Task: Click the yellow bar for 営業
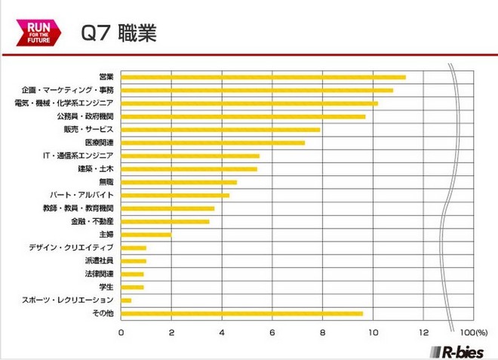pyautogui.click(x=263, y=77)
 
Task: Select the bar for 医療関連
pyautogui.click(x=213, y=143)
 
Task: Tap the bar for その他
pyautogui.click(x=241, y=313)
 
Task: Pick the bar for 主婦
pyautogui.click(x=146, y=235)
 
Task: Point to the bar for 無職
pyautogui.click(x=179, y=182)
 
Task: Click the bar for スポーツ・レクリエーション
pyautogui.click(x=126, y=300)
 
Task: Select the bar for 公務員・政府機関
pyautogui.click(x=243, y=116)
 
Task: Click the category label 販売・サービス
pyautogui.click(x=90, y=130)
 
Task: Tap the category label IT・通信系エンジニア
pyautogui.click(x=78, y=155)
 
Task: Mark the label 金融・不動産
pyautogui.click(x=92, y=221)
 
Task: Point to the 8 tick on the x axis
pyautogui.click(x=323, y=331)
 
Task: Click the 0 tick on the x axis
pyautogui.click(x=121, y=331)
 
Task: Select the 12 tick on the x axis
pyautogui.click(x=423, y=331)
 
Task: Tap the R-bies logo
pyautogui.click(x=457, y=350)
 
